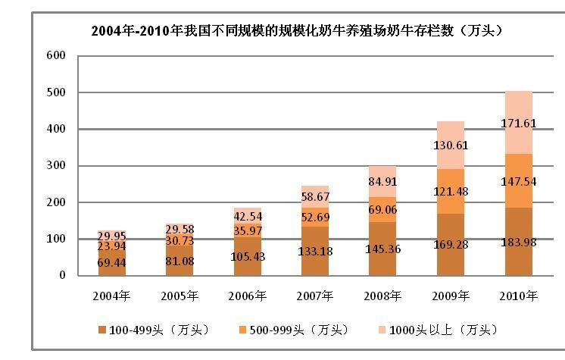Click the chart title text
pyautogui.click(x=298, y=31)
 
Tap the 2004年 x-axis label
pyautogui.click(x=112, y=295)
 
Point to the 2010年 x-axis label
pyautogui.click(x=519, y=295)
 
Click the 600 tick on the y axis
pyautogui.click(x=57, y=56)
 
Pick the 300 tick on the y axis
pyautogui.click(x=57, y=166)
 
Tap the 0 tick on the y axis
pyautogui.click(x=63, y=276)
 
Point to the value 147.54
pyautogui.click(x=519, y=182)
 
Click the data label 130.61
pyautogui.click(x=451, y=145)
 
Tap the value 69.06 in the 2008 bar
pyautogui.click(x=382, y=208)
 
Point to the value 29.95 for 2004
pyautogui.click(x=112, y=236)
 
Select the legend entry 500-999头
pyautogui.click(x=292, y=330)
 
